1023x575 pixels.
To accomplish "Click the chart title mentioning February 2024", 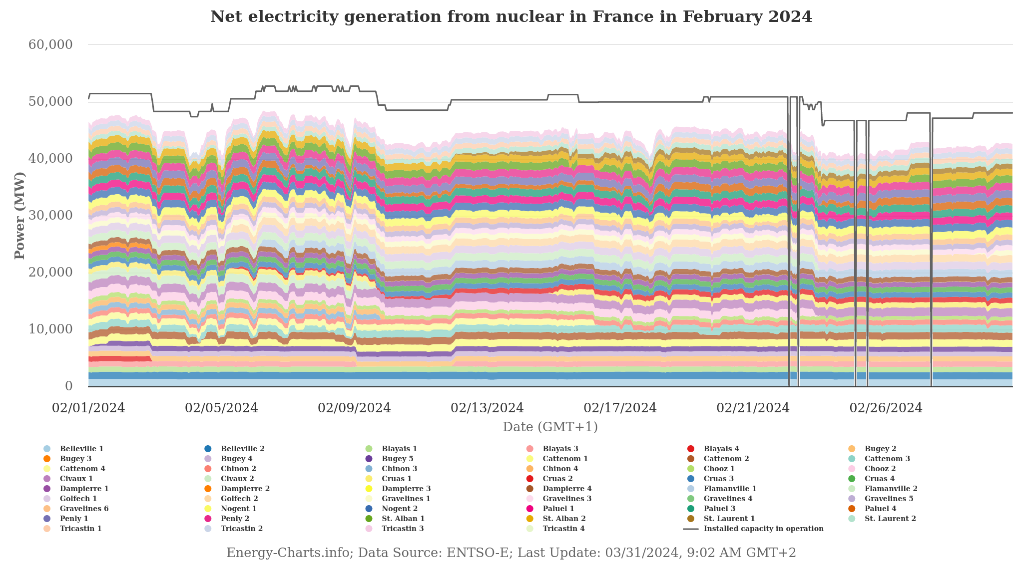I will tap(511, 17).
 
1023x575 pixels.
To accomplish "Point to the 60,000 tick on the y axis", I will tap(50, 44).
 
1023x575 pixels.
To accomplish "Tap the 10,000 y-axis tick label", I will tap(50, 329).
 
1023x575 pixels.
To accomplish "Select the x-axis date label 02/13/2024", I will tap(487, 408).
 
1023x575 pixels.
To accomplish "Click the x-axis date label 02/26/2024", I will tap(886, 408).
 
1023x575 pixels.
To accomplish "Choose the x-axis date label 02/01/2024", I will tap(88, 408).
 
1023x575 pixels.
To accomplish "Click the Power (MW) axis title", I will tap(19, 216).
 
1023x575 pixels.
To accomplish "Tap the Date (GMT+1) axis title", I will tap(550, 427).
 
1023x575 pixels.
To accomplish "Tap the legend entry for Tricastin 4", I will tap(563, 529).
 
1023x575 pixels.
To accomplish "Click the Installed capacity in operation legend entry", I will tap(763, 529).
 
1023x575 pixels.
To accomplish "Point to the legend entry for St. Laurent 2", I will tap(890, 519).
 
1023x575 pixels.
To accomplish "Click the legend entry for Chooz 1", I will tap(719, 469).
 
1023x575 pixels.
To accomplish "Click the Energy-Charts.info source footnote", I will tap(511, 553).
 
